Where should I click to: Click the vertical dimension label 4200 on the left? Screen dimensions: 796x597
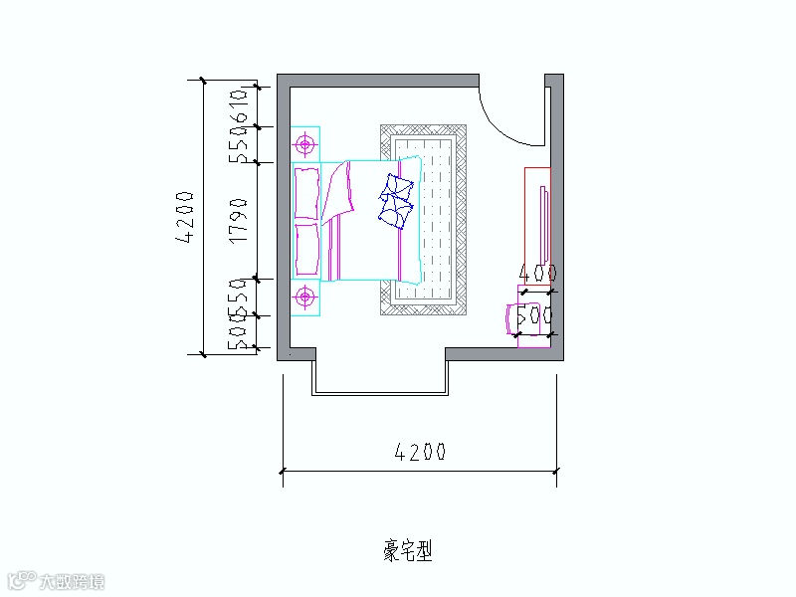coord(185,216)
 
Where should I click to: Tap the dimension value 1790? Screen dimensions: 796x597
coord(237,220)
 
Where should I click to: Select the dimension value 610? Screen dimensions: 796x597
coord(237,102)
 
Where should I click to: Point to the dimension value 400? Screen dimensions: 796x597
coord(537,273)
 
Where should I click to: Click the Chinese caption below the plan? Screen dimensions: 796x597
coord(408,550)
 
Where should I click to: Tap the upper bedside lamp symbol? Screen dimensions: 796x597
coord(305,145)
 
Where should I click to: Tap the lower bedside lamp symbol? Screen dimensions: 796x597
coord(305,297)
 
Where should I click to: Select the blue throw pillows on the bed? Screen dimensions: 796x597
coord(398,200)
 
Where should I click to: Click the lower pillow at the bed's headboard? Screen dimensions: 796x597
coord(306,249)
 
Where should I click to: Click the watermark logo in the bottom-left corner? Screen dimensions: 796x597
coord(55,581)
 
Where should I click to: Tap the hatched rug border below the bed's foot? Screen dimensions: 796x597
coord(424,307)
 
